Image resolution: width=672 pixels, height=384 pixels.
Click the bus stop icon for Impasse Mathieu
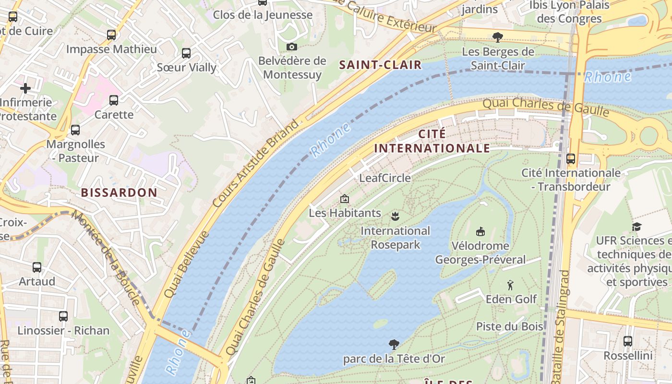point(111,35)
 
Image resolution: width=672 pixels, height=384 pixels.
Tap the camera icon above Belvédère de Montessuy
point(291,47)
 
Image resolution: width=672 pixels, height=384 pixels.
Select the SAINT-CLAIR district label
point(380,65)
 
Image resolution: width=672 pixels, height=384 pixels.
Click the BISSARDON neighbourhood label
point(119,192)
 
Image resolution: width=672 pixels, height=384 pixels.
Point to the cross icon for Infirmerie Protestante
point(25,88)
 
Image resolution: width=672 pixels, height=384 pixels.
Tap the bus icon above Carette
point(114,100)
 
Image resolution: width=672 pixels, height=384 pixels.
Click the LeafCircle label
point(385,178)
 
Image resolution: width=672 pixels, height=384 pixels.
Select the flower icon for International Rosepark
point(395,216)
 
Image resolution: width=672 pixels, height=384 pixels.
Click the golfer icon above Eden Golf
point(510,285)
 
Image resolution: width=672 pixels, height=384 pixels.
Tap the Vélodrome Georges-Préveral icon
point(480,232)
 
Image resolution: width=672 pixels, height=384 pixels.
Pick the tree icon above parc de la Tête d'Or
point(394,344)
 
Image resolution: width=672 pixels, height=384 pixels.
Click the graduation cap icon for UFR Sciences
point(636,227)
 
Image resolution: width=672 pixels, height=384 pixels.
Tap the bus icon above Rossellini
point(627,341)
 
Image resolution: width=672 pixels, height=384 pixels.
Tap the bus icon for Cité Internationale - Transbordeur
point(571,158)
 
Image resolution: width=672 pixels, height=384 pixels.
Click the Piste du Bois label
point(509,326)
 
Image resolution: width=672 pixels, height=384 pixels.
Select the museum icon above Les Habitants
point(344,199)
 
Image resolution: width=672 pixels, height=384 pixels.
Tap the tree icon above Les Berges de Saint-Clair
point(498,37)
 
